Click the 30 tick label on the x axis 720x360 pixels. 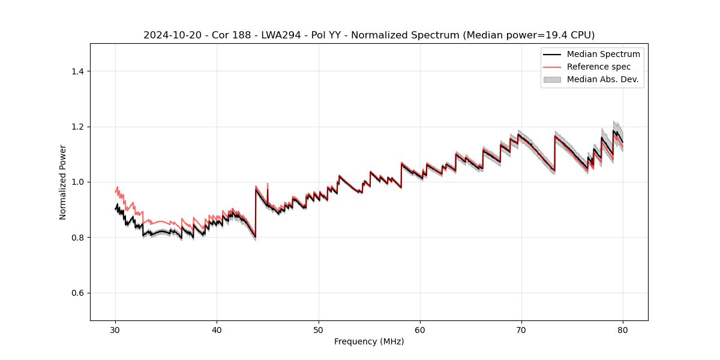[x=116, y=329]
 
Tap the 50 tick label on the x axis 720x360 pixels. [x=319, y=329]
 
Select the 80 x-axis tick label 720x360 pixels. [x=623, y=329]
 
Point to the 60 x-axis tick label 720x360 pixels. [x=420, y=329]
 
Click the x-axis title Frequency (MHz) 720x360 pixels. [x=369, y=341]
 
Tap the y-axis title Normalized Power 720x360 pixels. [x=63, y=182]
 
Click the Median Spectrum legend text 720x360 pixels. [x=603, y=54]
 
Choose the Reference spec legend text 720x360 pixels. [x=598, y=67]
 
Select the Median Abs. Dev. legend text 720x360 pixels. [x=602, y=79]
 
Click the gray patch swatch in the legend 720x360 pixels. [x=552, y=79]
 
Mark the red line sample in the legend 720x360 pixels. [x=552, y=67]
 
